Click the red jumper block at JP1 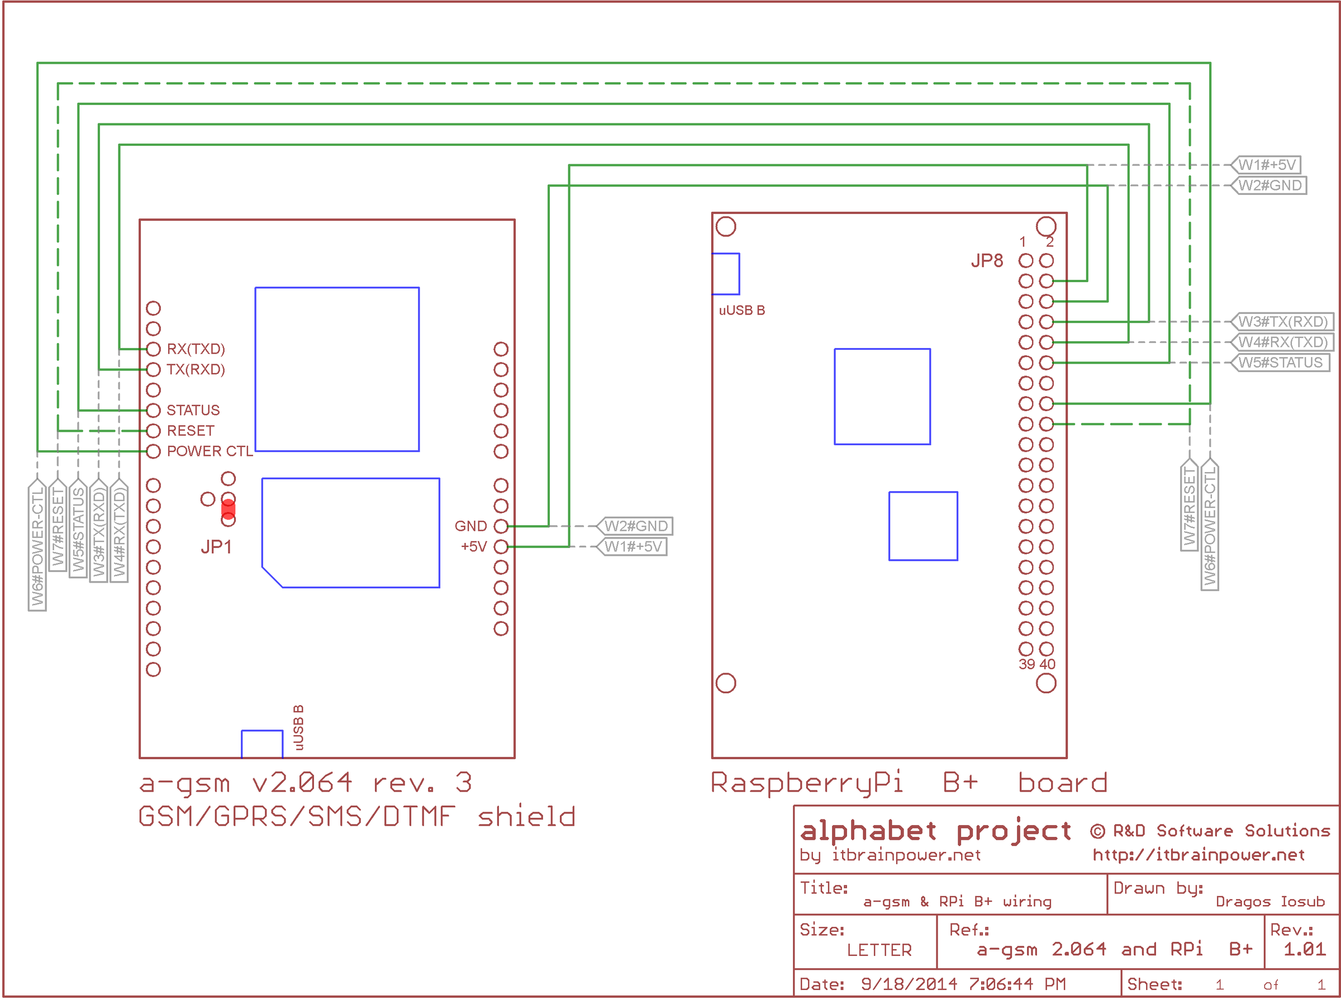tap(228, 509)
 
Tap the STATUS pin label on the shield tap(193, 411)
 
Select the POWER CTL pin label tap(210, 451)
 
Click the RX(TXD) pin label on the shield tap(196, 349)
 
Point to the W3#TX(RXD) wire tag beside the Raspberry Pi tap(1282, 321)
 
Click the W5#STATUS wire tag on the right tap(1280, 363)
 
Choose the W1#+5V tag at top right tap(1267, 165)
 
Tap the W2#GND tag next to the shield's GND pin tap(636, 526)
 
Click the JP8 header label tap(987, 261)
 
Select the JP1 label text tap(216, 547)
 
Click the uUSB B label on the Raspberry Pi tap(741, 311)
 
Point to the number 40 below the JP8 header tap(1047, 664)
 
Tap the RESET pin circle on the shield tap(153, 431)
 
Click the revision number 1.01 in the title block tap(1304, 949)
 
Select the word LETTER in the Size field tap(879, 950)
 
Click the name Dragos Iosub tap(1269, 902)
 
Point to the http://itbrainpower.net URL tap(1198, 855)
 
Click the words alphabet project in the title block tap(935, 831)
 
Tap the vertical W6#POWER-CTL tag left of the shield tap(37, 545)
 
